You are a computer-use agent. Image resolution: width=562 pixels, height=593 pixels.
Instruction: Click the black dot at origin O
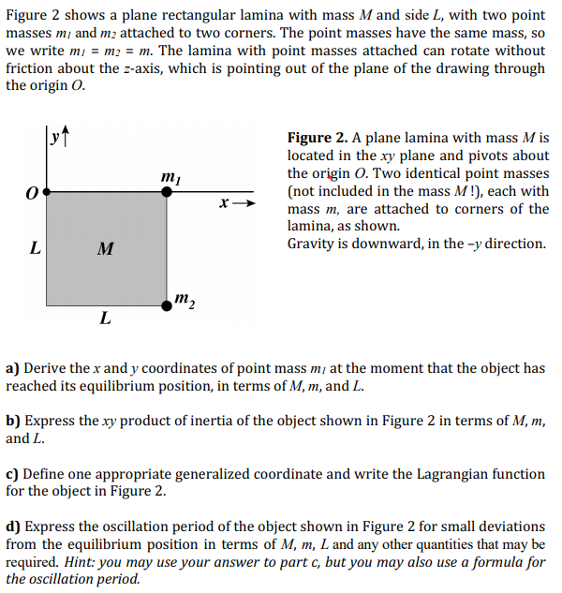[x=46, y=191]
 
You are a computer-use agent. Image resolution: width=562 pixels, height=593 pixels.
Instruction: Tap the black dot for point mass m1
[x=167, y=191]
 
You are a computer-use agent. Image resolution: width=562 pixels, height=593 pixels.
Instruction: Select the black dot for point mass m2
[x=167, y=304]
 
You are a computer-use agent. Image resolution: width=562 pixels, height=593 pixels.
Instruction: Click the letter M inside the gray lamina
[x=106, y=249]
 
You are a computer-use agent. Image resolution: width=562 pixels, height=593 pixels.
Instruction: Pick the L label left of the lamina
[x=35, y=249]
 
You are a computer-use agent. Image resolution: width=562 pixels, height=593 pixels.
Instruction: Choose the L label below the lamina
[x=105, y=319]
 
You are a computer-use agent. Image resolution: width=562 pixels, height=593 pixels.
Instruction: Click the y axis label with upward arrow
[x=58, y=140]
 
